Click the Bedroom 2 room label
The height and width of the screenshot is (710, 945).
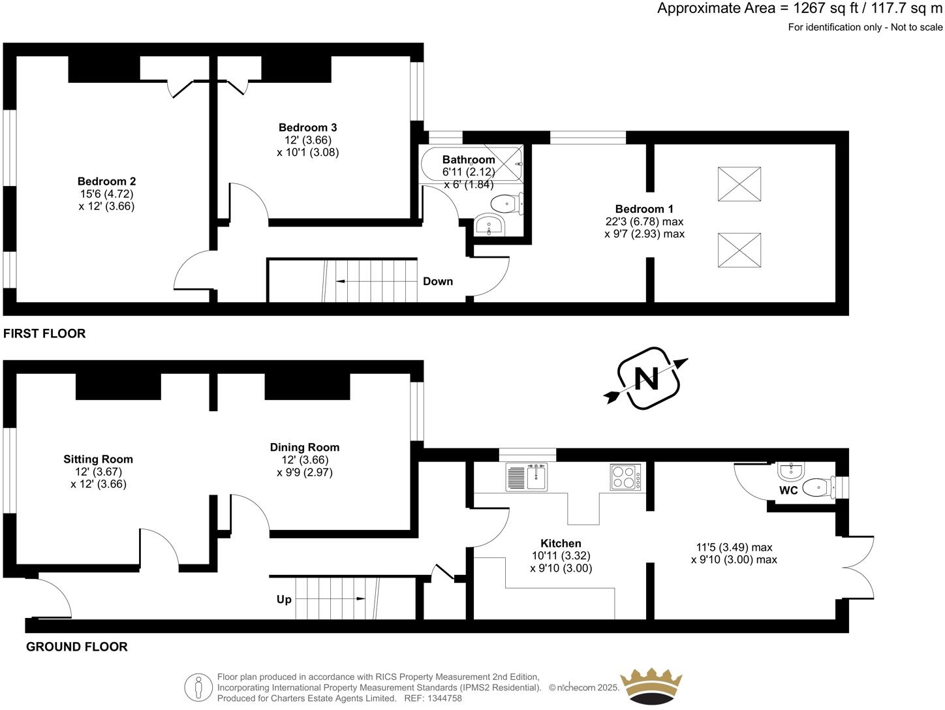pyautogui.click(x=106, y=181)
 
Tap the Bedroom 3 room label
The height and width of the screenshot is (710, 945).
pyautogui.click(x=307, y=127)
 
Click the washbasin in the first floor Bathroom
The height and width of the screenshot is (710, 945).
pyautogui.click(x=488, y=225)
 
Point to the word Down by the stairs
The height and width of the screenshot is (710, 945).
pyautogui.click(x=437, y=281)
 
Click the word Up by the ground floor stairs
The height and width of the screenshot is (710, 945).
pyautogui.click(x=284, y=599)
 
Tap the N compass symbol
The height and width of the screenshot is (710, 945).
pyautogui.click(x=646, y=378)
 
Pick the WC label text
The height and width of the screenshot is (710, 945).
pyautogui.click(x=788, y=490)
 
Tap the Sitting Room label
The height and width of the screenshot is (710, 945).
pyautogui.click(x=98, y=459)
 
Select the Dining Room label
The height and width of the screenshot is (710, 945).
pyautogui.click(x=305, y=447)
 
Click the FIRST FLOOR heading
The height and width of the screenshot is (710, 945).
pyautogui.click(x=44, y=333)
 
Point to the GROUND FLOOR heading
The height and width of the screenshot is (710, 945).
pyautogui.click(x=76, y=647)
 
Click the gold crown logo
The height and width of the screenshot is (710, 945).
pyautogui.click(x=651, y=687)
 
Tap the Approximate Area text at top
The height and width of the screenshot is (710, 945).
pyautogui.click(x=799, y=8)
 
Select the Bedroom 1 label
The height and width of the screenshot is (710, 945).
pyautogui.click(x=644, y=209)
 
